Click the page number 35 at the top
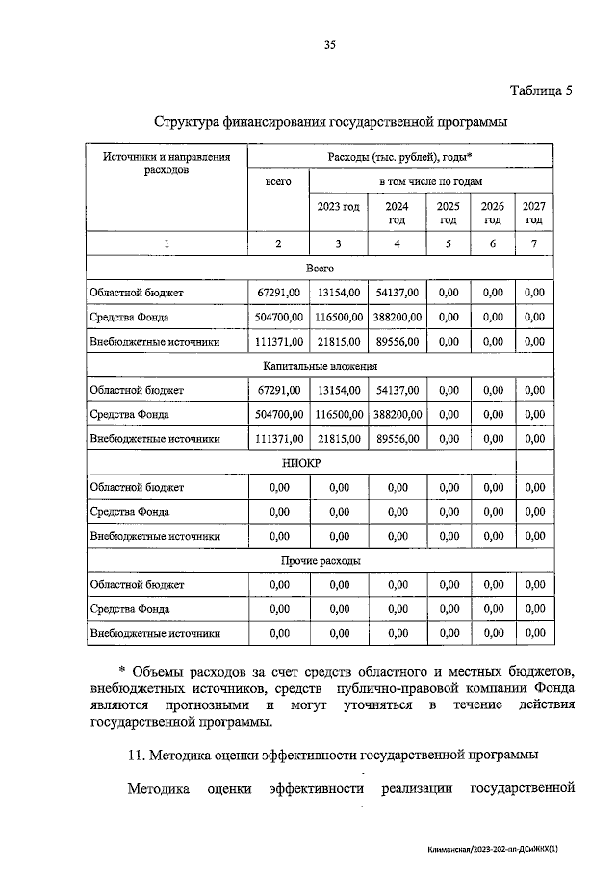click(329, 44)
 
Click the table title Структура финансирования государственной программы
click(329, 122)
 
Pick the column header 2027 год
click(533, 213)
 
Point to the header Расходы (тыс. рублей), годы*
click(399, 157)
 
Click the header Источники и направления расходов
click(167, 163)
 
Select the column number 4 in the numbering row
click(397, 243)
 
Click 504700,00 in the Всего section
click(279, 317)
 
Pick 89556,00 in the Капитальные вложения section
click(397, 439)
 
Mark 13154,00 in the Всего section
click(339, 292)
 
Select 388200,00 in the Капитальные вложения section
click(397, 415)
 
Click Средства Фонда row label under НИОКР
click(129, 512)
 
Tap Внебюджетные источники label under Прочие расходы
click(155, 633)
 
